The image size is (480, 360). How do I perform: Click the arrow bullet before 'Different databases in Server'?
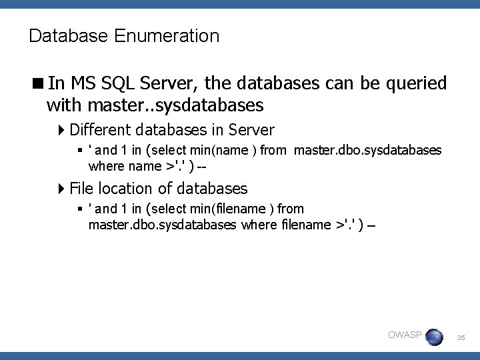(62, 129)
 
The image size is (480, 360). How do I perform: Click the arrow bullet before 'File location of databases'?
(62, 189)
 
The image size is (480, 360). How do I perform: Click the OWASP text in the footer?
(404, 335)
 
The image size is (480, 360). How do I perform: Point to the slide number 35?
(461, 339)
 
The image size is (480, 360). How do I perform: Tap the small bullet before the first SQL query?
(80, 151)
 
